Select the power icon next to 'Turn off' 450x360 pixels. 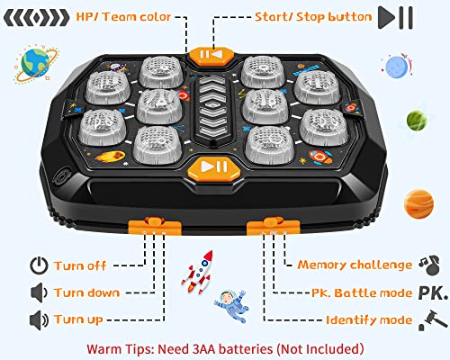(38, 265)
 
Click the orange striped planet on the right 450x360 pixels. (419, 201)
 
